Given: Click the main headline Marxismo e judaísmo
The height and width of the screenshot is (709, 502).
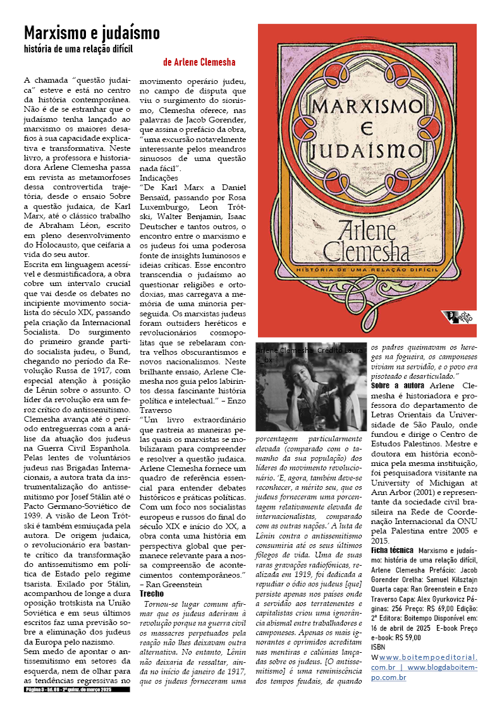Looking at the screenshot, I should [x=92, y=33].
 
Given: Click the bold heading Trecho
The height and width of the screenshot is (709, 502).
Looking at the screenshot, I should [x=152, y=593].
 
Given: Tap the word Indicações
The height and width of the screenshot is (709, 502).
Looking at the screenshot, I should [x=159, y=178].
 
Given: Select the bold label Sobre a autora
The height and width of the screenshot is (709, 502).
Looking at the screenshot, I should [x=398, y=385].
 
